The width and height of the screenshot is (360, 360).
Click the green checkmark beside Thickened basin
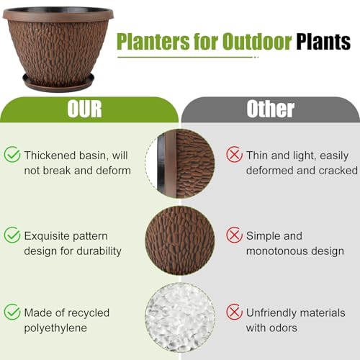12,154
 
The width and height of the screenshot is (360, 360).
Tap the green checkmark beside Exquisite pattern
12,235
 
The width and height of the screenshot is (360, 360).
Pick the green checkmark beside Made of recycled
12,312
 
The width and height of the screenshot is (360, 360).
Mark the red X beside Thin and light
234,154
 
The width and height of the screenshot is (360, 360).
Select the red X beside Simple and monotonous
234,235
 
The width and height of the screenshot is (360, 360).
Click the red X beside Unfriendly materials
234,312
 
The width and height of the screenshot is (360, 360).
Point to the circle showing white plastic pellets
180,317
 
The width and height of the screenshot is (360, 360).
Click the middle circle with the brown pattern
180,237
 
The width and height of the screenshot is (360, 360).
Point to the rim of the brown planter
58,14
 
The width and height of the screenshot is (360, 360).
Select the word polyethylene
57,328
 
